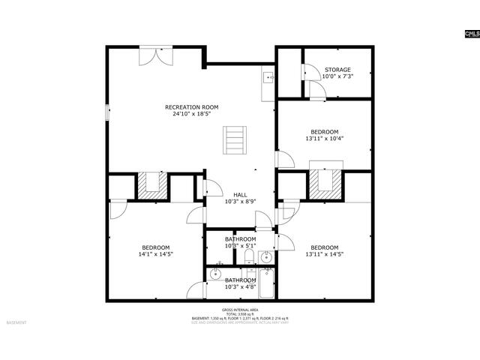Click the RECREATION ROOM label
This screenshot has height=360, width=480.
pyautogui.click(x=192, y=107)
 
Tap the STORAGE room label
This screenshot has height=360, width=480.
pyautogui.click(x=337, y=70)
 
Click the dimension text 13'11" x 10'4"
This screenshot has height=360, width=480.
pyautogui.click(x=325, y=138)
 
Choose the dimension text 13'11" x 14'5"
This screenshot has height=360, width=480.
pyautogui.click(x=325, y=254)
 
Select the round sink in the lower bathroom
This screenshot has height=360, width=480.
pyautogui.click(x=215, y=274)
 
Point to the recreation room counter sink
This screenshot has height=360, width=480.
pyautogui.click(x=268, y=77)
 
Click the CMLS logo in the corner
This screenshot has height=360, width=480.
pyautogui.click(x=471, y=34)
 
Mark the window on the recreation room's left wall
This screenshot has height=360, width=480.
pyautogui.click(x=106, y=110)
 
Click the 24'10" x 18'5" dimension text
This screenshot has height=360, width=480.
pyautogui.click(x=192, y=115)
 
